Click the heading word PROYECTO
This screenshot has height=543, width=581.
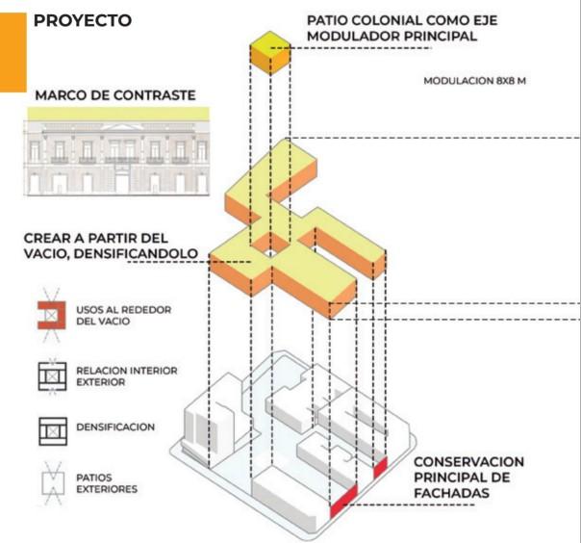pyautogui.click(x=82, y=20)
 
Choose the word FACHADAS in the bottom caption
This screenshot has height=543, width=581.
pyautogui.click(x=454, y=493)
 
